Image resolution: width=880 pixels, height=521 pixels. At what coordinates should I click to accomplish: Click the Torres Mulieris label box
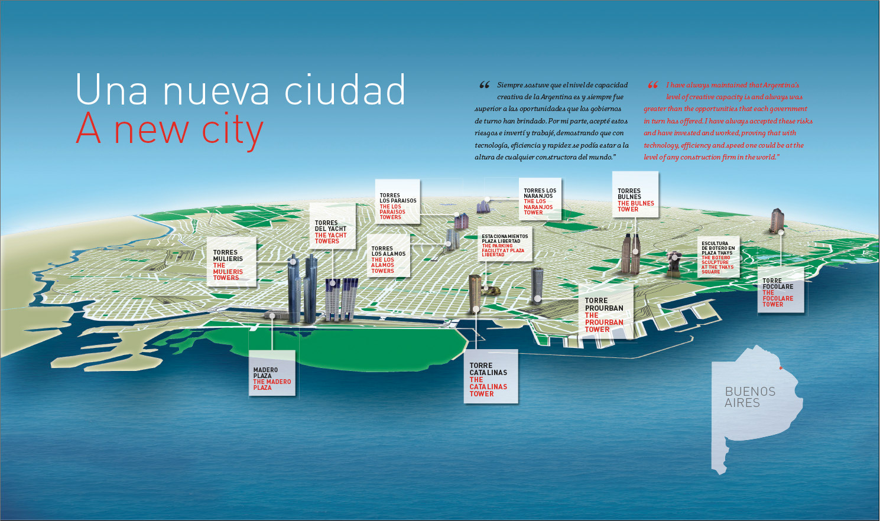(231, 262)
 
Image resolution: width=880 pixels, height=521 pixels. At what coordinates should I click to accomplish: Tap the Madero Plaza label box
(272, 373)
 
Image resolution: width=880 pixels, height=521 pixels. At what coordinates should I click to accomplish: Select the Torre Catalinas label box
(493, 377)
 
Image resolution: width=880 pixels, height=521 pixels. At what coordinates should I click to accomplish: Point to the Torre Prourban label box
(604, 311)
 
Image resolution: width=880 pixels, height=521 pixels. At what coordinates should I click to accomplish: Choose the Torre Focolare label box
(781, 290)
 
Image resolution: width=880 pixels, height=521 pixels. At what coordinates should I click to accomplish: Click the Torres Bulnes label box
(635, 195)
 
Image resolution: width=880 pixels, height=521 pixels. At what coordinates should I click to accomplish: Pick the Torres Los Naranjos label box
(540, 199)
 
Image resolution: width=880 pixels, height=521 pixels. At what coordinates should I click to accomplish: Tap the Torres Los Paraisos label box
(398, 202)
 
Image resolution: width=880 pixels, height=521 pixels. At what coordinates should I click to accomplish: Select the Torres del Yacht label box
(332, 227)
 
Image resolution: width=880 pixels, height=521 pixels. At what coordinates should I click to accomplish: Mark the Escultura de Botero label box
(718, 257)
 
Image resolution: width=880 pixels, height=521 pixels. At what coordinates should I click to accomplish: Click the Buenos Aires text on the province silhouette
(750, 397)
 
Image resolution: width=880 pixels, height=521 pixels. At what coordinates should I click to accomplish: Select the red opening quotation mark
(652, 85)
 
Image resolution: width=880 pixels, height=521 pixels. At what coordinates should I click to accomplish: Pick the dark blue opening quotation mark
(484, 85)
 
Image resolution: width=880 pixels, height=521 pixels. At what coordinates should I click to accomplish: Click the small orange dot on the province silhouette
(781, 368)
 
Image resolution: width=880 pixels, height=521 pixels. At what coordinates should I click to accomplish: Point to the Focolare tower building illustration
(777, 220)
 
